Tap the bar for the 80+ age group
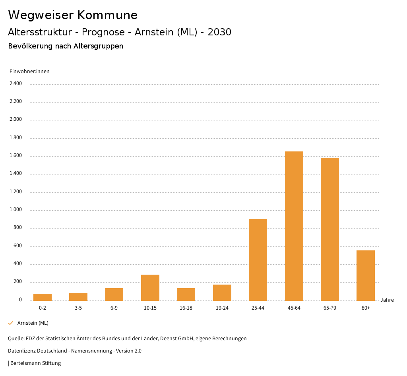365,275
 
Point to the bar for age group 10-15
150,287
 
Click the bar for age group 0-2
43,297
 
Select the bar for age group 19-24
222,293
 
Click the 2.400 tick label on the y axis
16,83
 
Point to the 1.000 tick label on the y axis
16,210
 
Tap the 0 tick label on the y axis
20,300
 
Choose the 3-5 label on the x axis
78,308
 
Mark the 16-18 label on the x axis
186,308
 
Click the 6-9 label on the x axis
114,308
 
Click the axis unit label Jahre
387,300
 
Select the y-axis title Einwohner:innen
29,72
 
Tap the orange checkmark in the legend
11,323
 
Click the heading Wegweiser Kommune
73,15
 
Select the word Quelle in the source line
16,339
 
